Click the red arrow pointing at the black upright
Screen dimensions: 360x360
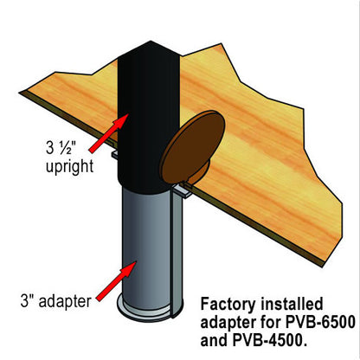[x=109, y=132]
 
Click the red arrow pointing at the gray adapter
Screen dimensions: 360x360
[x=116, y=281]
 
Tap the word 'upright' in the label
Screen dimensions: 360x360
[x=70, y=167]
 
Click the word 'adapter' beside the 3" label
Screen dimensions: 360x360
[x=65, y=302]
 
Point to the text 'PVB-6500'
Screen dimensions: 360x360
[x=319, y=322]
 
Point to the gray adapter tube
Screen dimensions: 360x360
[x=147, y=249]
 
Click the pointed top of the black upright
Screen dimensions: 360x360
[x=151, y=42]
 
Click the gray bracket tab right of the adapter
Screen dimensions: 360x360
[x=183, y=190]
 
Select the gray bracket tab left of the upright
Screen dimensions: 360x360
[x=115, y=155]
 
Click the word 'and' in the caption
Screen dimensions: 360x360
[x=214, y=341]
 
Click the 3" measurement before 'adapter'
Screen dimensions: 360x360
[x=28, y=300]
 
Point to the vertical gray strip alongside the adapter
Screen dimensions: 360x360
[x=177, y=254]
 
